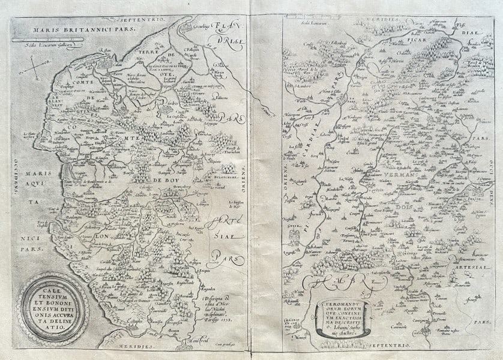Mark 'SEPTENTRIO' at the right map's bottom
(x=390, y=346)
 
